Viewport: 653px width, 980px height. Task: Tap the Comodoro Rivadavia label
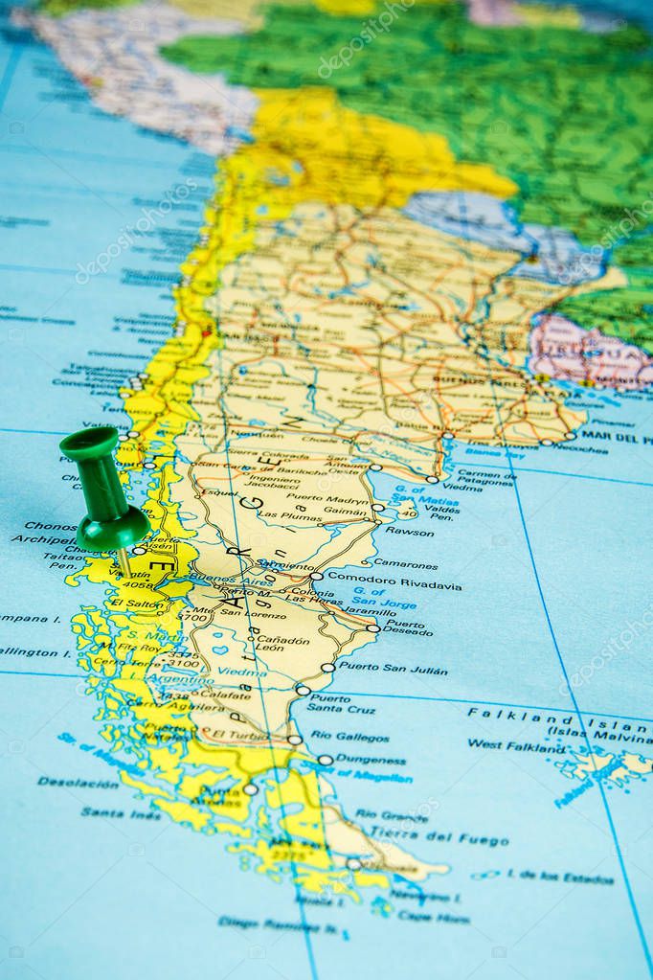[x=394, y=581]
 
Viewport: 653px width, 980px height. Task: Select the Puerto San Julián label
[x=392, y=668]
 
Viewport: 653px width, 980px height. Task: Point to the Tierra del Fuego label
[x=439, y=836]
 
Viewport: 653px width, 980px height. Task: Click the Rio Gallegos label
[x=349, y=737]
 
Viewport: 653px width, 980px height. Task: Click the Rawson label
[x=409, y=531]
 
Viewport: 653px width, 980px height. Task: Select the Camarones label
[x=405, y=563]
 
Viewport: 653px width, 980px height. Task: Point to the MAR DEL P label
[x=617, y=436]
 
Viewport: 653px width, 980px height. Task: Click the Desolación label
[x=79, y=782]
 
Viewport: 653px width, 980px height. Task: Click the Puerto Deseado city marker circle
[x=372, y=628]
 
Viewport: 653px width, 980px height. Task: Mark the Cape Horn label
[x=434, y=917]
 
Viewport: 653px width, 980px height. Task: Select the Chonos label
[x=50, y=526]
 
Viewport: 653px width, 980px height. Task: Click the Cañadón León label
[x=269, y=643]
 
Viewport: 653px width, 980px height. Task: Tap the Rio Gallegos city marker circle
[x=295, y=739]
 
